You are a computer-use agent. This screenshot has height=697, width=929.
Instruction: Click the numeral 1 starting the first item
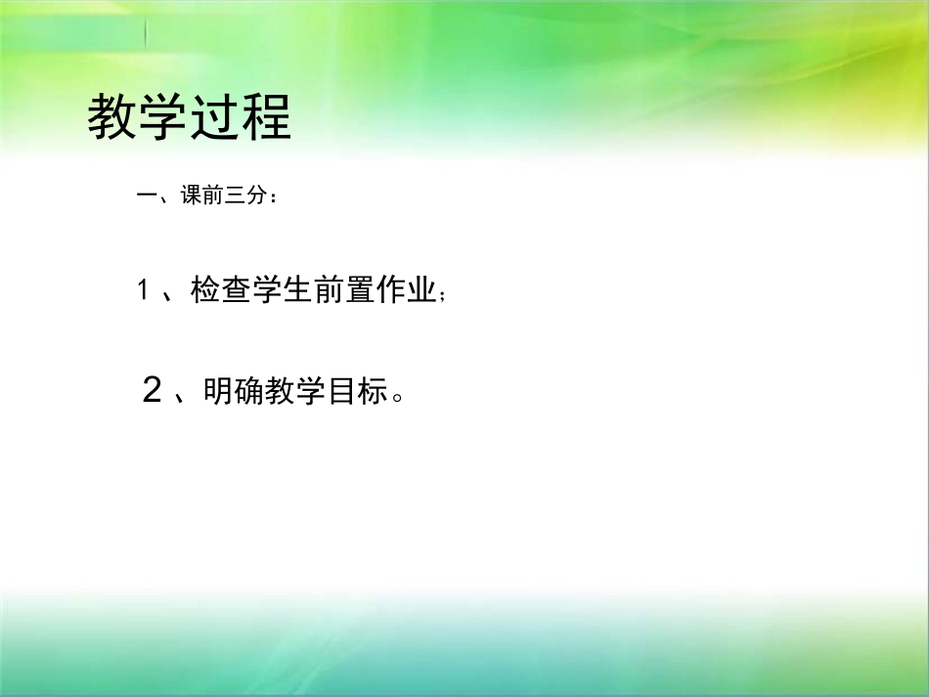(143, 290)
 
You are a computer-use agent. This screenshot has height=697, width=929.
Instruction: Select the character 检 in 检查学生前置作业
(205, 290)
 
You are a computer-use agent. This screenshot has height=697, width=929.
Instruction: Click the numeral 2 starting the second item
(152, 391)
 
